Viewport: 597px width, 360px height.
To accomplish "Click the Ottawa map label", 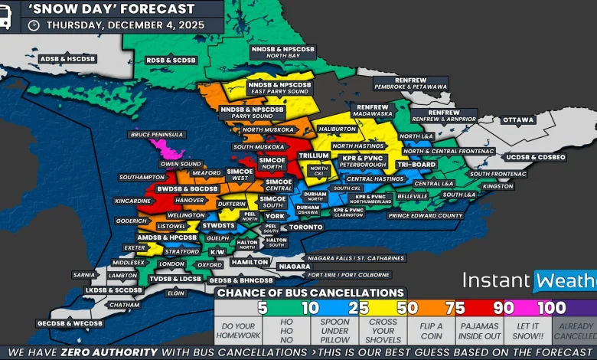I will pyautogui.click(x=518, y=120).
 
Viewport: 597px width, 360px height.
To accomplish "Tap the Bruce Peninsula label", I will pyautogui.click(x=157, y=135).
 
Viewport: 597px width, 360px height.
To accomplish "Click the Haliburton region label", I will pyautogui.click(x=338, y=129).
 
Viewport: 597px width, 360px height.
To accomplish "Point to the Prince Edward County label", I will pyautogui.click(x=426, y=216).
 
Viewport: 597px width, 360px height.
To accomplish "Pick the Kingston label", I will pyautogui.click(x=497, y=186).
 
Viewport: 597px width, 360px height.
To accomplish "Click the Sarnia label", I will pyautogui.click(x=84, y=274).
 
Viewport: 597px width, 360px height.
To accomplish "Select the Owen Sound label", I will pyautogui.click(x=181, y=164).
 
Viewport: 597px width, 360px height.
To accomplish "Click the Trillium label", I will pyautogui.click(x=314, y=155).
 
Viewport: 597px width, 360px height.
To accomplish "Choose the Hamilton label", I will pyautogui.click(x=250, y=262).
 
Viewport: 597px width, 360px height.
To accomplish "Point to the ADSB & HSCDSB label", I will pyautogui.click(x=64, y=57).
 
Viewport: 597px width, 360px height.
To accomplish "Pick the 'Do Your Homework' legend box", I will pyautogui.click(x=238, y=330).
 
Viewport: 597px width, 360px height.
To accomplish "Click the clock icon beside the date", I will pyautogui.click(x=34, y=25).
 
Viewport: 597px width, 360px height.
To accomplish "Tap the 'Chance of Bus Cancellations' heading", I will pyautogui.click(x=310, y=293).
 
